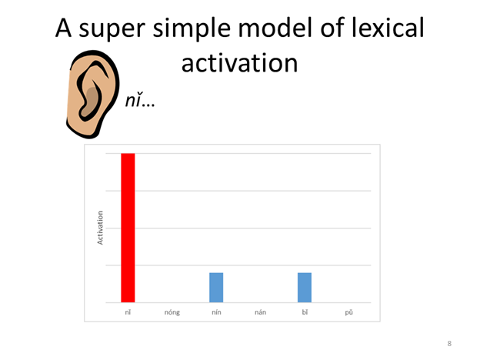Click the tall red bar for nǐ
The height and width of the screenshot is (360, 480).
click(128, 228)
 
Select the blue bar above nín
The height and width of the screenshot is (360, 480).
click(216, 287)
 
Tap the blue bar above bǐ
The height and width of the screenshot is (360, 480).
click(305, 287)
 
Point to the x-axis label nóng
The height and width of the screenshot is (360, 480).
click(172, 313)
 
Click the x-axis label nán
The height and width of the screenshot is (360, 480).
click(260, 313)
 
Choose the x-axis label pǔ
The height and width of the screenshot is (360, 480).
click(348, 313)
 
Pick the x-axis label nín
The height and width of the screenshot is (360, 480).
click(216, 313)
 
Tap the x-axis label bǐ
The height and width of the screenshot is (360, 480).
click(305, 313)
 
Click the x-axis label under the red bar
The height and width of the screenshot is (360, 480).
click(128, 313)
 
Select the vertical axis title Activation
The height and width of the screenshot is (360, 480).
click(100, 228)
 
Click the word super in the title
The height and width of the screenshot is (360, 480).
click(122, 30)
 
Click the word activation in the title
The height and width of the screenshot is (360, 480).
click(239, 62)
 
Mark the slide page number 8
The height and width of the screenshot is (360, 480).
click(449, 343)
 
